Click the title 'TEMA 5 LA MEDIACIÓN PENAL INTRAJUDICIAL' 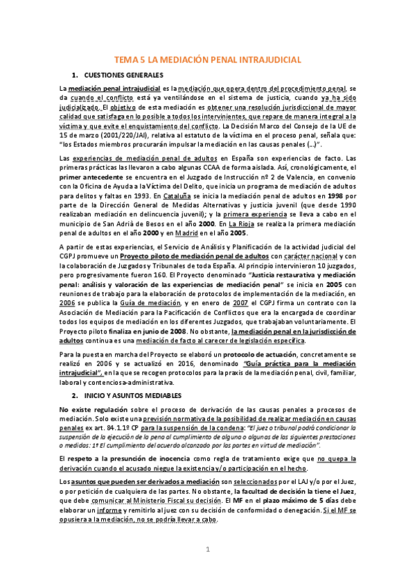(x=207, y=60)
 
